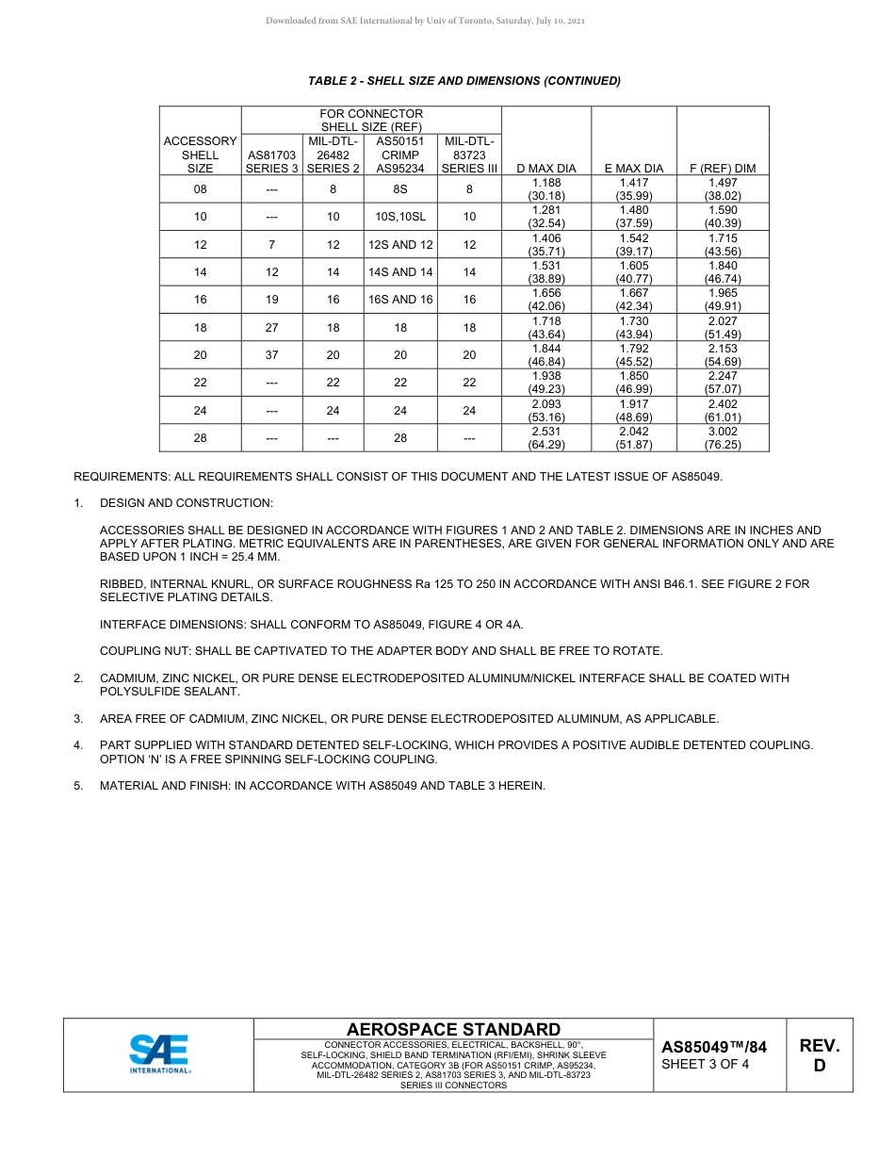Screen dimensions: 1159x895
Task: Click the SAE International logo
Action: (x=159, y=1054)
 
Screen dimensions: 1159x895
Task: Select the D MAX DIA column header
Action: (x=546, y=169)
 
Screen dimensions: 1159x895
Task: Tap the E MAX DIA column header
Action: (x=633, y=169)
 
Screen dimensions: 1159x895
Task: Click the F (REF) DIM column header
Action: (x=723, y=169)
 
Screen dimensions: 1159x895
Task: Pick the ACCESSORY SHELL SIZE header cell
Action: (x=200, y=155)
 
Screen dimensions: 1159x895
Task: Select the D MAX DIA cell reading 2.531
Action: (x=546, y=438)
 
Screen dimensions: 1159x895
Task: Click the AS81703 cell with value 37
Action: (x=271, y=355)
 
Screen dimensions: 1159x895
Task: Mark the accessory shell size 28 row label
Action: (x=200, y=438)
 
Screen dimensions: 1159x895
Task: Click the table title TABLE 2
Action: (x=464, y=81)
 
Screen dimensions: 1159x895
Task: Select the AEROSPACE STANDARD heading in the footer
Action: (x=453, y=1030)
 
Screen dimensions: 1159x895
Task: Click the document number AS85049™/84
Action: (x=714, y=1047)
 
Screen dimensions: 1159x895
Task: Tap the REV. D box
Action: (x=819, y=1055)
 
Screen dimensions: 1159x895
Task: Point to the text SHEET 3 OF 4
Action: (x=706, y=1065)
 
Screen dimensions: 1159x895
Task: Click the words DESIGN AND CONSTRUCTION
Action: (x=187, y=503)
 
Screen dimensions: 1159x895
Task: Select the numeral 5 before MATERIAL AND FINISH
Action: (x=78, y=785)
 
